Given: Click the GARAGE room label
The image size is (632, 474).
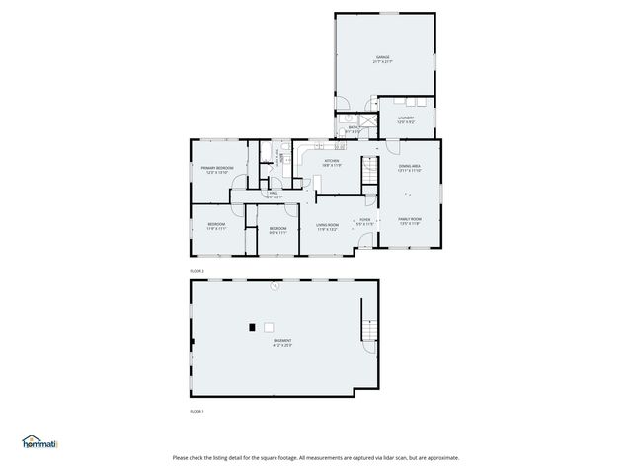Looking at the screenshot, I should pyautogui.click(x=382, y=57).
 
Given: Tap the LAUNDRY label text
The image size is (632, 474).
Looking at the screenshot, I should pyautogui.click(x=406, y=118).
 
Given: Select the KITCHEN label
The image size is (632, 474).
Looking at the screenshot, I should pyautogui.click(x=332, y=161).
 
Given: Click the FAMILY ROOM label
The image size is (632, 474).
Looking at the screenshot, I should pyautogui.click(x=410, y=218).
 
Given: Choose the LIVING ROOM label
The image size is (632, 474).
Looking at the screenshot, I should pyautogui.click(x=327, y=225).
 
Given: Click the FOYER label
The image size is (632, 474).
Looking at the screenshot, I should pyautogui.click(x=364, y=219).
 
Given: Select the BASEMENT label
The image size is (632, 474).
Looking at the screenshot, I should pyautogui.click(x=282, y=340).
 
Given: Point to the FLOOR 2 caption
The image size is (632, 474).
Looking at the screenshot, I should pyautogui.click(x=197, y=270).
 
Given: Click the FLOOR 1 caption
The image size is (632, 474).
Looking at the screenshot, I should pyautogui.click(x=197, y=411).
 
